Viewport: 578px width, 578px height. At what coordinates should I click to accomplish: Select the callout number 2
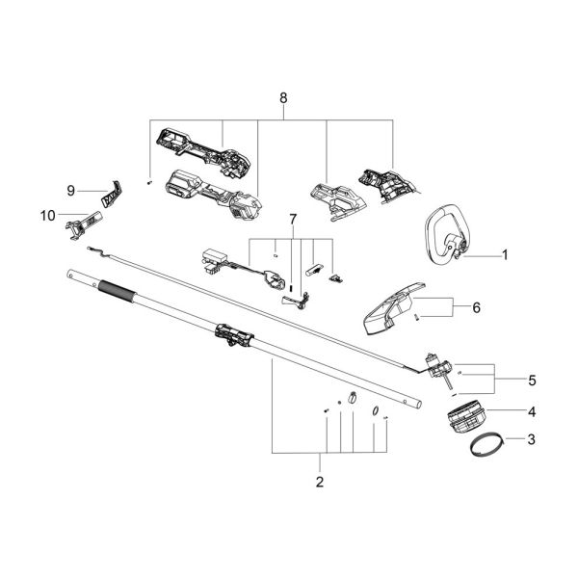pyautogui.click(x=320, y=480)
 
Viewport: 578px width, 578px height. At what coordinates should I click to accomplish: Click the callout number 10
pyautogui.click(x=48, y=216)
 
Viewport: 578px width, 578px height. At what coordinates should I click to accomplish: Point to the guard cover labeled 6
pyautogui.click(x=395, y=308)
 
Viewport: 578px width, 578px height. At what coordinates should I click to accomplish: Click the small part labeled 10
pyautogui.click(x=81, y=223)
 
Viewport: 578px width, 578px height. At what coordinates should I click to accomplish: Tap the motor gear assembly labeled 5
pyautogui.click(x=437, y=367)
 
